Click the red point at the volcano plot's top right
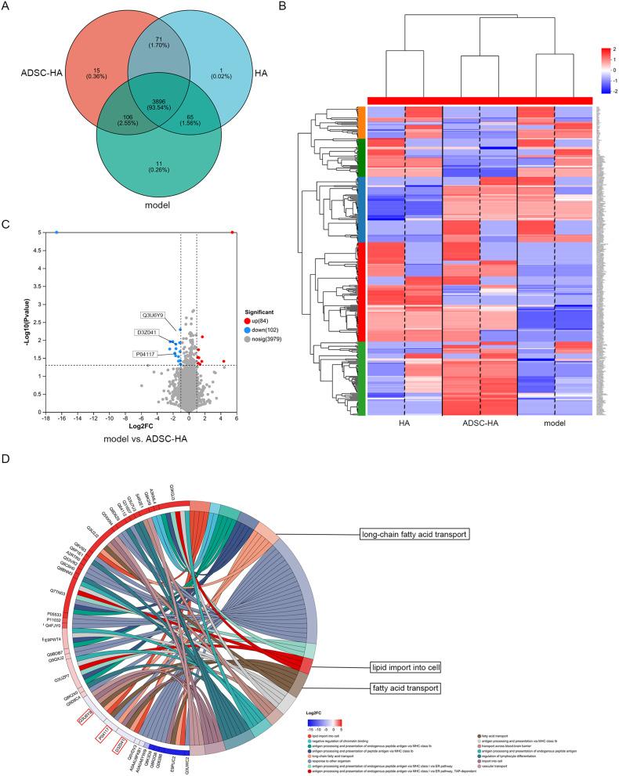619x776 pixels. [233, 233]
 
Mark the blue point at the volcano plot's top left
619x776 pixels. [56, 233]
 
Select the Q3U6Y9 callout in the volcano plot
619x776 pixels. [152, 315]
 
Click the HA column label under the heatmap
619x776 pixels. [404, 423]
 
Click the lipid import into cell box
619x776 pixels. [407, 668]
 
